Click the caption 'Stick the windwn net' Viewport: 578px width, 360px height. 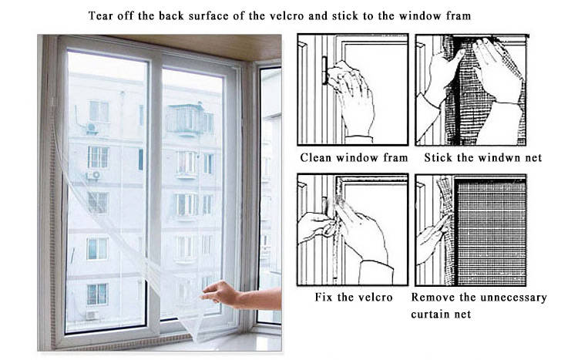483,158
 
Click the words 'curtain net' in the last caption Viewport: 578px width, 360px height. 442,314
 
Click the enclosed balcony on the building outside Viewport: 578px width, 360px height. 185,119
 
